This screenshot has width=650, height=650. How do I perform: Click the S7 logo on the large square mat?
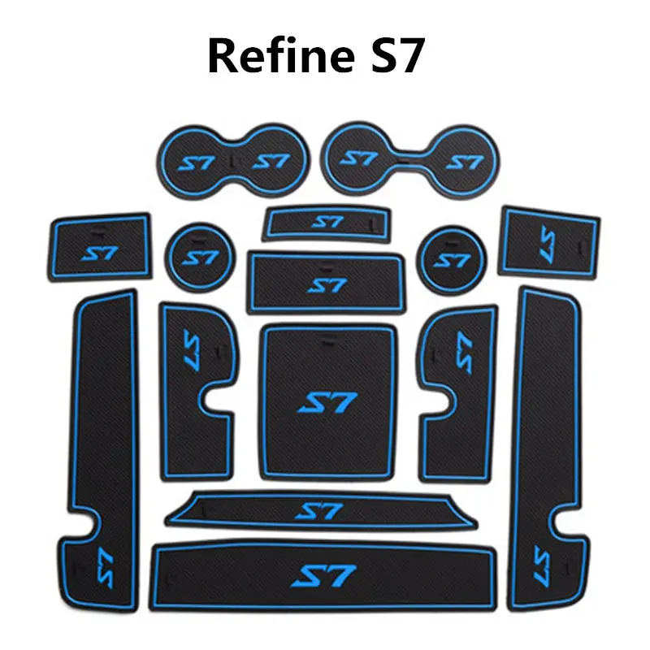pos(324,402)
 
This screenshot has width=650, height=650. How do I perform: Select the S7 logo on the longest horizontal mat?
pos(324,577)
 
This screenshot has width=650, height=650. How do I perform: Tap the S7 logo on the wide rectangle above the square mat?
pos(326,285)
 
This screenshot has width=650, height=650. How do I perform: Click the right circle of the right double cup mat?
pos(463,161)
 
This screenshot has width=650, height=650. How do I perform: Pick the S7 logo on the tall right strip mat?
pos(542,561)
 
